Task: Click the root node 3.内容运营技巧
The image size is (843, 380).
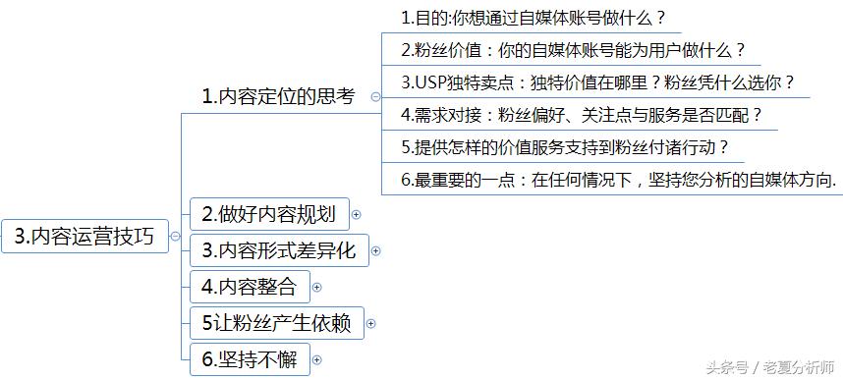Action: tap(84, 236)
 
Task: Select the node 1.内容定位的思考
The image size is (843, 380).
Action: tap(278, 96)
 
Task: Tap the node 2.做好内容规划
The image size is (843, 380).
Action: tap(268, 213)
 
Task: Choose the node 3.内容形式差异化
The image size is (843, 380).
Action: tap(278, 250)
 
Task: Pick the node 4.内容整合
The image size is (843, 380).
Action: tap(249, 287)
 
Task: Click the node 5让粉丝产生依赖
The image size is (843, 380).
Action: tap(276, 322)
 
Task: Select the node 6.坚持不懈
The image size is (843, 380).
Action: tap(249, 359)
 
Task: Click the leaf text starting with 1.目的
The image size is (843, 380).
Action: tap(534, 18)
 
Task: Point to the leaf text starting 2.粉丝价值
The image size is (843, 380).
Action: tap(573, 49)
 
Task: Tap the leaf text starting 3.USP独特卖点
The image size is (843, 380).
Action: tap(597, 82)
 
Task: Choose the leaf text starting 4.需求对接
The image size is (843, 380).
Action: tap(582, 115)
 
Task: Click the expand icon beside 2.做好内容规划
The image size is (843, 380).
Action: tap(357, 214)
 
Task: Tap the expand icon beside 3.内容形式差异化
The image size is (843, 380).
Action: tap(375, 251)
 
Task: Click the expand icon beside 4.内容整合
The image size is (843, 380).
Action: tap(316, 288)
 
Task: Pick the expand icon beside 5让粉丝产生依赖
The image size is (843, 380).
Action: tap(371, 323)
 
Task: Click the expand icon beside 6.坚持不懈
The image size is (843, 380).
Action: tap(316, 360)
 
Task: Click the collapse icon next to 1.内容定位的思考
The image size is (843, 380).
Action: tap(375, 96)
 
